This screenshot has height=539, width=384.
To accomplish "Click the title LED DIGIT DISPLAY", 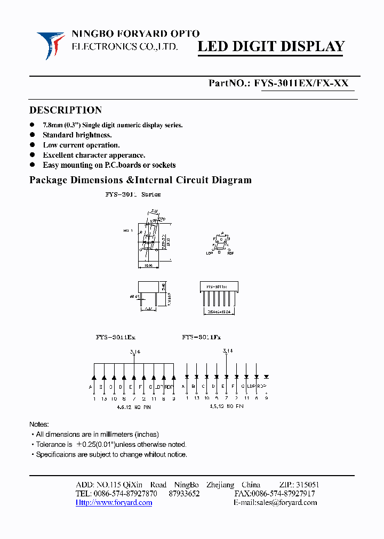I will tap(271, 46).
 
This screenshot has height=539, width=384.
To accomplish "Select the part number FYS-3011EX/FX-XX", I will tap(302, 83).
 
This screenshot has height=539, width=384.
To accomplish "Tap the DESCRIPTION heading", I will tap(65, 110).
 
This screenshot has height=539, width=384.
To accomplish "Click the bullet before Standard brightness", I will tap(33, 135).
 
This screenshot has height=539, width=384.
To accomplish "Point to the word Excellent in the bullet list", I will tap(60, 155).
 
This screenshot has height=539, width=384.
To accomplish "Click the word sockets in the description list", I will tap(163, 165).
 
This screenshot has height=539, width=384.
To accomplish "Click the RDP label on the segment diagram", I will tap(230, 254).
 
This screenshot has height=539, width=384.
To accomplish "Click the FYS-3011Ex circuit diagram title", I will tap(116, 337).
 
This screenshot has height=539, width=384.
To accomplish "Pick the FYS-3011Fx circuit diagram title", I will tap(201, 337).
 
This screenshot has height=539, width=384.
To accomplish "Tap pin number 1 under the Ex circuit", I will tap(94, 398).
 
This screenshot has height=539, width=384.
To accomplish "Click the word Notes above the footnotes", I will tap(39, 424).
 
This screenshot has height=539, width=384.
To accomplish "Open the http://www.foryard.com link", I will tap(114, 502).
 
